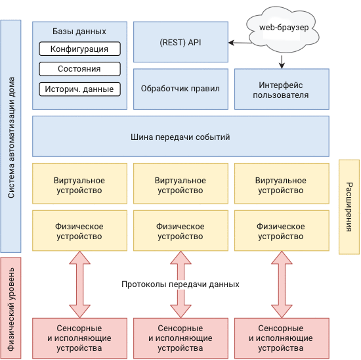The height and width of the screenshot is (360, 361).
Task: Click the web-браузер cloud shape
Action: click(284, 28)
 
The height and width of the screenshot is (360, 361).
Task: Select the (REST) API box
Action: click(180, 42)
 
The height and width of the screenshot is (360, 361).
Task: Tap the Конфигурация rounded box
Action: click(79, 49)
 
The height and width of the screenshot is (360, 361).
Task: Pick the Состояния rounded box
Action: click(79, 69)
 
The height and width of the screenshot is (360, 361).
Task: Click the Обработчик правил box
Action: click(180, 88)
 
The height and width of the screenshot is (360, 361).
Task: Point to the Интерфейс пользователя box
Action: click(281, 88)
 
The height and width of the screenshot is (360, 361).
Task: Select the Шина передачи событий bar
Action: click(180, 137)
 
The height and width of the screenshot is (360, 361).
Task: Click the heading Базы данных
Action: click(79, 32)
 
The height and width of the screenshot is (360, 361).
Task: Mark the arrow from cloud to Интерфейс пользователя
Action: click(282, 61)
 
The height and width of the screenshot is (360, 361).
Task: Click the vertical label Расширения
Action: click(349, 206)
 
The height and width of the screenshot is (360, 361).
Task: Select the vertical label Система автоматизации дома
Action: click(11, 136)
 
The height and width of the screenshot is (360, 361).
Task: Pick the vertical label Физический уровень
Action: click(11, 307)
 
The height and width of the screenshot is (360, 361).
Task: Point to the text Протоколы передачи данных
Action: click(180, 284)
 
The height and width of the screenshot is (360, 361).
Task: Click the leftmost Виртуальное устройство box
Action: click(79, 185)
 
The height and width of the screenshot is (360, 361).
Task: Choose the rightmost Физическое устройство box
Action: click(281, 231)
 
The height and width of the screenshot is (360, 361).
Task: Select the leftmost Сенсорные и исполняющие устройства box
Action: click(79, 338)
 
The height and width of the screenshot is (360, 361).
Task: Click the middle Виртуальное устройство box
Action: click(180, 185)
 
